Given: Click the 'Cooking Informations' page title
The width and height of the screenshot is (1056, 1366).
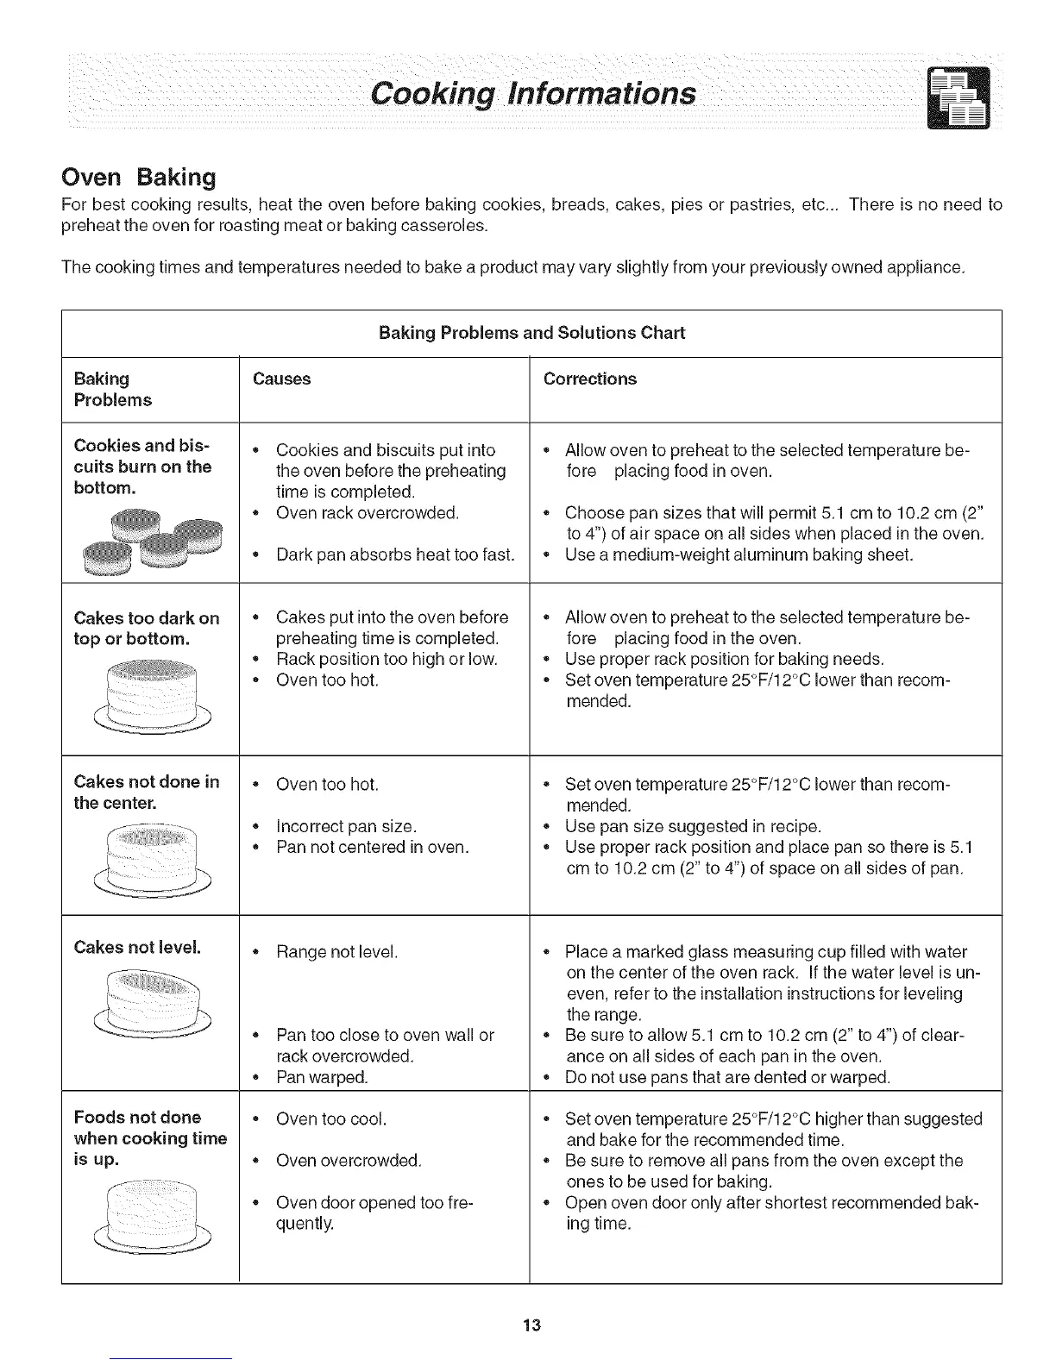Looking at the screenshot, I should (x=531, y=92).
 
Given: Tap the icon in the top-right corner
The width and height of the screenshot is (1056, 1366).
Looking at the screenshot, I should (x=959, y=97).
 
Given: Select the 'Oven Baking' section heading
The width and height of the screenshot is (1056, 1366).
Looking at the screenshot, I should (x=138, y=177).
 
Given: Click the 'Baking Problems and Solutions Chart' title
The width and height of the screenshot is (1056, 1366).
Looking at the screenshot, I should (x=531, y=333).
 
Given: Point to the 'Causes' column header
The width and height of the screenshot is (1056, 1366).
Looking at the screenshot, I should (x=281, y=379).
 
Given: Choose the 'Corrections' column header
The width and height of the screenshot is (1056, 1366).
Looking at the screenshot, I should (x=589, y=379).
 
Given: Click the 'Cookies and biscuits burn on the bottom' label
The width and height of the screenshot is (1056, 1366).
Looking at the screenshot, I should (x=143, y=467).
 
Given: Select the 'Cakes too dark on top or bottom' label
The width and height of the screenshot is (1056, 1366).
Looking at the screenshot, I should (x=147, y=629).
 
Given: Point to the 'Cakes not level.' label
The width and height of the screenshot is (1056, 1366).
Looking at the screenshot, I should (x=137, y=947).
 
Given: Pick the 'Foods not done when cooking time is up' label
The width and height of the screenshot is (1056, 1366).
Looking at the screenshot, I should (x=150, y=1138).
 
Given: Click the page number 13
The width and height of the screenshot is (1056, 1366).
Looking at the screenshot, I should (x=531, y=1324).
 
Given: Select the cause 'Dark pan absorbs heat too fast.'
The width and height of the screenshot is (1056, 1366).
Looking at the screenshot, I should (x=394, y=555).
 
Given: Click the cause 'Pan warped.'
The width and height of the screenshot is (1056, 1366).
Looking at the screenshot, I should (x=321, y=1077).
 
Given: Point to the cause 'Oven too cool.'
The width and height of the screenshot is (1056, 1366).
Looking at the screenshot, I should (x=330, y=1118).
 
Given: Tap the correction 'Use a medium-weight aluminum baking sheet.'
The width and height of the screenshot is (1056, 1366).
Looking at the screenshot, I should (x=739, y=555).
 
